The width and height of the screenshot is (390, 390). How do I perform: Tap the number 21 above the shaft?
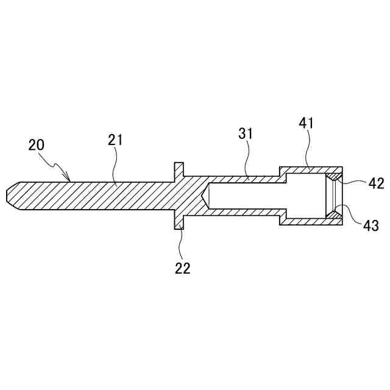116,140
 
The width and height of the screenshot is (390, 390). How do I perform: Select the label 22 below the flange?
182,268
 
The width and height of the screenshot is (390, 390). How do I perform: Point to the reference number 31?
246,133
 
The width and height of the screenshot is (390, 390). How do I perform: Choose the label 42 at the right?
376,183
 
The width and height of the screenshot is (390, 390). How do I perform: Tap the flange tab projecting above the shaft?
179,168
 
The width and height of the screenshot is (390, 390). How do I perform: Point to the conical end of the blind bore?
206,196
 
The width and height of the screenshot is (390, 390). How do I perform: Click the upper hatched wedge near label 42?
333,177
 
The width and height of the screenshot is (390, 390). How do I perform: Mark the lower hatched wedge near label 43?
333,214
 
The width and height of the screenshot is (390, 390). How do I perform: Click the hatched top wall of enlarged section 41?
311,169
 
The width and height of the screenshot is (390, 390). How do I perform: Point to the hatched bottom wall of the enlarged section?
311,222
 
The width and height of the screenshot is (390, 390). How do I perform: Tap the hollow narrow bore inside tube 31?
244,196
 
